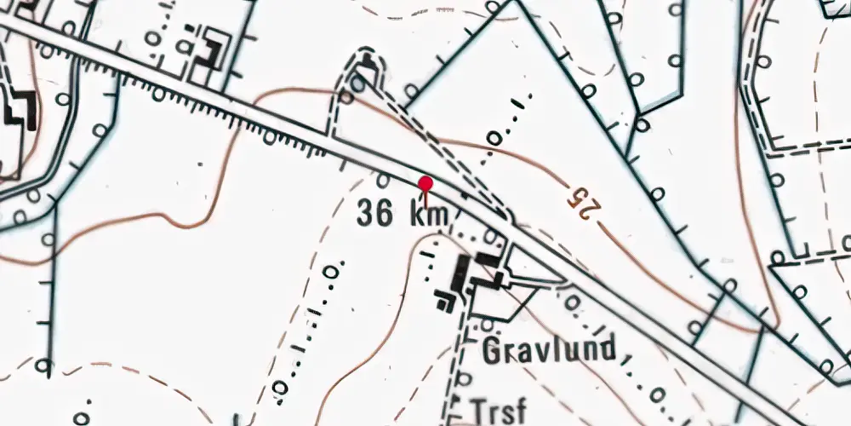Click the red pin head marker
click(425, 183)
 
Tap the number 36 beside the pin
click(375, 213)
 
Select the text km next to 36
click(428, 215)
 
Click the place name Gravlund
click(549, 349)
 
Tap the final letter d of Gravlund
click(606, 348)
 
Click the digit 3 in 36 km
click(367, 213)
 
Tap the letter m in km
click(437, 216)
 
